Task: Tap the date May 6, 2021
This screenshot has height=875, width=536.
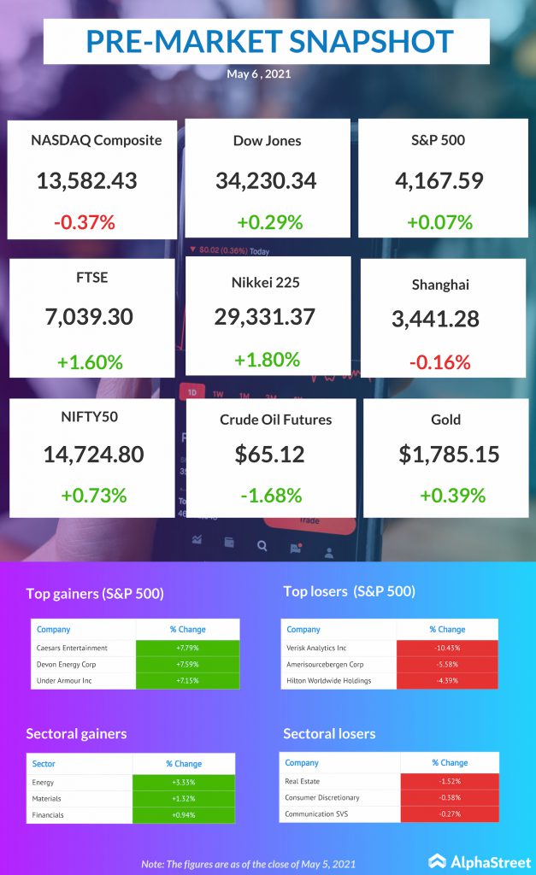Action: click(x=259, y=74)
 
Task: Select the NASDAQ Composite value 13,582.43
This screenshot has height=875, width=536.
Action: click(x=87, y=180)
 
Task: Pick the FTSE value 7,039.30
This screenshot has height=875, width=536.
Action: click(x=89, y=317)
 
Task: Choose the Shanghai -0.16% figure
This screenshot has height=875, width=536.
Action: click(x=440, y=361)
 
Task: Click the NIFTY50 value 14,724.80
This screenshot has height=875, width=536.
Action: click(x=93, y=454)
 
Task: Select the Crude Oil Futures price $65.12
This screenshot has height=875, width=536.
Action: click(x=270, y=454)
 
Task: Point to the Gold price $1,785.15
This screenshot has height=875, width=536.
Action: click(x=449, y=454)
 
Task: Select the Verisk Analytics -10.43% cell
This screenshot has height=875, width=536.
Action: click(x=447, y=649)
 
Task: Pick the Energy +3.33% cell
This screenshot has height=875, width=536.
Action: click(x=183, y=782)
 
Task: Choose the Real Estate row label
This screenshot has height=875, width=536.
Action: click(x=303, y=781)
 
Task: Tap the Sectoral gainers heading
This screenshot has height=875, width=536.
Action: click(x=76, y=734)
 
